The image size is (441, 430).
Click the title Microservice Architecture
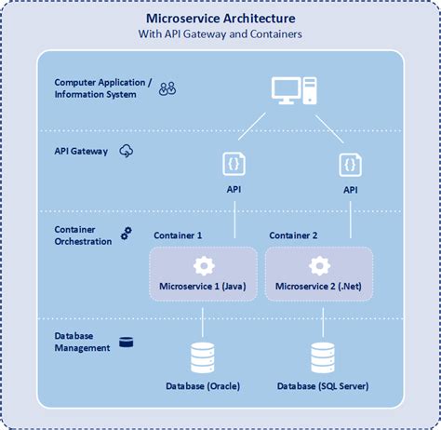tap(220, 19)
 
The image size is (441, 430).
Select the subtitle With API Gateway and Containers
tap(220, 34)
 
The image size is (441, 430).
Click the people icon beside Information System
tap(167, 89)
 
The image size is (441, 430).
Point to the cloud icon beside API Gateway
tap(127, 151)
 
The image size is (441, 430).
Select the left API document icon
tap(234, 164)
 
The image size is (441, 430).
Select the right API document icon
tap(351, 164)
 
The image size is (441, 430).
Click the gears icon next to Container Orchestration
tap(126, 234)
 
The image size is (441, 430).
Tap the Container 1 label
tap(177, 235)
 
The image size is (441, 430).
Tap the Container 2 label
tap(293, 235)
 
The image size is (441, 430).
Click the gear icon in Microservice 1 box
tap(204, 265)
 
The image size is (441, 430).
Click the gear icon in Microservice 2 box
tap(319, 265)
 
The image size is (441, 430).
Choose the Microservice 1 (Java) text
tap(204, 286)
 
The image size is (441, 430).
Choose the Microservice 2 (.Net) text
tap(319, 286)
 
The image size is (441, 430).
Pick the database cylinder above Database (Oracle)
tap(204, 356)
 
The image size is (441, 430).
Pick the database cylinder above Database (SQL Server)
tap(323, 356)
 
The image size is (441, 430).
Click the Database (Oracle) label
tap(204, 385)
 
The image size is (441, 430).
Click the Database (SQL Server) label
tap(323, 385)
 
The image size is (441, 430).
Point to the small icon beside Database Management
tap(126, 342)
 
